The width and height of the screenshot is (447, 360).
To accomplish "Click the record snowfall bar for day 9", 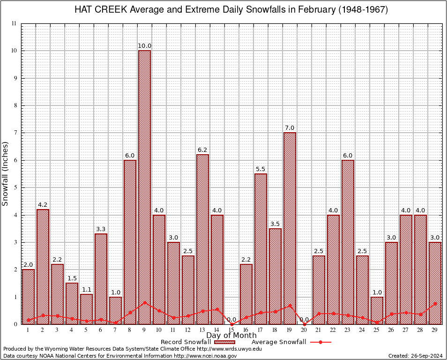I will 144,187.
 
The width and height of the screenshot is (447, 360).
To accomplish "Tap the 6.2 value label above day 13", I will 202,150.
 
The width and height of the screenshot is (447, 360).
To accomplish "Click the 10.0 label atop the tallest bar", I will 144,46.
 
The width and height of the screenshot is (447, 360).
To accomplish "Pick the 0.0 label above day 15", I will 231,320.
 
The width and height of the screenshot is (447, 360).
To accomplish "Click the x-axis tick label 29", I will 435,330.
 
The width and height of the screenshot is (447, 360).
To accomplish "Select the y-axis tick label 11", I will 14,23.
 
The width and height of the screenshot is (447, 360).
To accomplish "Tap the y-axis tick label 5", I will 15,187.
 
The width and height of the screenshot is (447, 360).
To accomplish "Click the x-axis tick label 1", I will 28,330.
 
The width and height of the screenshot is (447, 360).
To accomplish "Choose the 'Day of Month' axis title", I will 231,336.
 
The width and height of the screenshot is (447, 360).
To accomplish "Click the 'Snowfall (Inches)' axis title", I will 6,174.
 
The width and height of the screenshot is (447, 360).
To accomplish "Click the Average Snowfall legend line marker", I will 320,342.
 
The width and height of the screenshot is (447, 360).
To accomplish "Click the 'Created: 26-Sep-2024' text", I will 415,356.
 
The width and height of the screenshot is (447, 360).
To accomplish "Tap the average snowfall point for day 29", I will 435,304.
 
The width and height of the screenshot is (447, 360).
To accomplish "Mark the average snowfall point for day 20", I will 304,324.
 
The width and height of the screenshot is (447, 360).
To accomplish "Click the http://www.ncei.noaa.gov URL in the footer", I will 205,356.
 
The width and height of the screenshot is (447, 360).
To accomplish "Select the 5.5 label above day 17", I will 261,169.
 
